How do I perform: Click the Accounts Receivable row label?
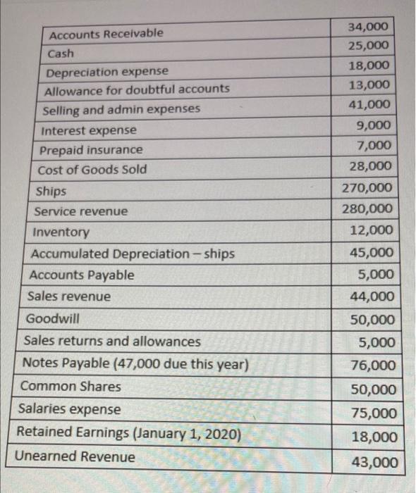point(104,34)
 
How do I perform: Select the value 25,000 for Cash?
point(367,46)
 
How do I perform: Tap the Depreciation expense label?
point(106,72)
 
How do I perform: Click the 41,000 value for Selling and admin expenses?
point(368,105)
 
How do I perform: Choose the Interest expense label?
point(89,130)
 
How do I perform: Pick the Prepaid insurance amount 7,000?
point(374,146)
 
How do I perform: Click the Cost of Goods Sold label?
point(92,169)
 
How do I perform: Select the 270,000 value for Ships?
point(367,188)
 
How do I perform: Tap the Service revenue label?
point(82,211)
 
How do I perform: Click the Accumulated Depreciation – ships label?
point(133,254)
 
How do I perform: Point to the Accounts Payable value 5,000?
point(377,275)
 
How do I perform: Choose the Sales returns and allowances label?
point(112,342)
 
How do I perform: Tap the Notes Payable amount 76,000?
point(373,366)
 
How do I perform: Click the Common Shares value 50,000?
point(374,389)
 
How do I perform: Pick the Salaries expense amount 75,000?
point(374,413)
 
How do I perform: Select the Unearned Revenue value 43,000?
point(374,462)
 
